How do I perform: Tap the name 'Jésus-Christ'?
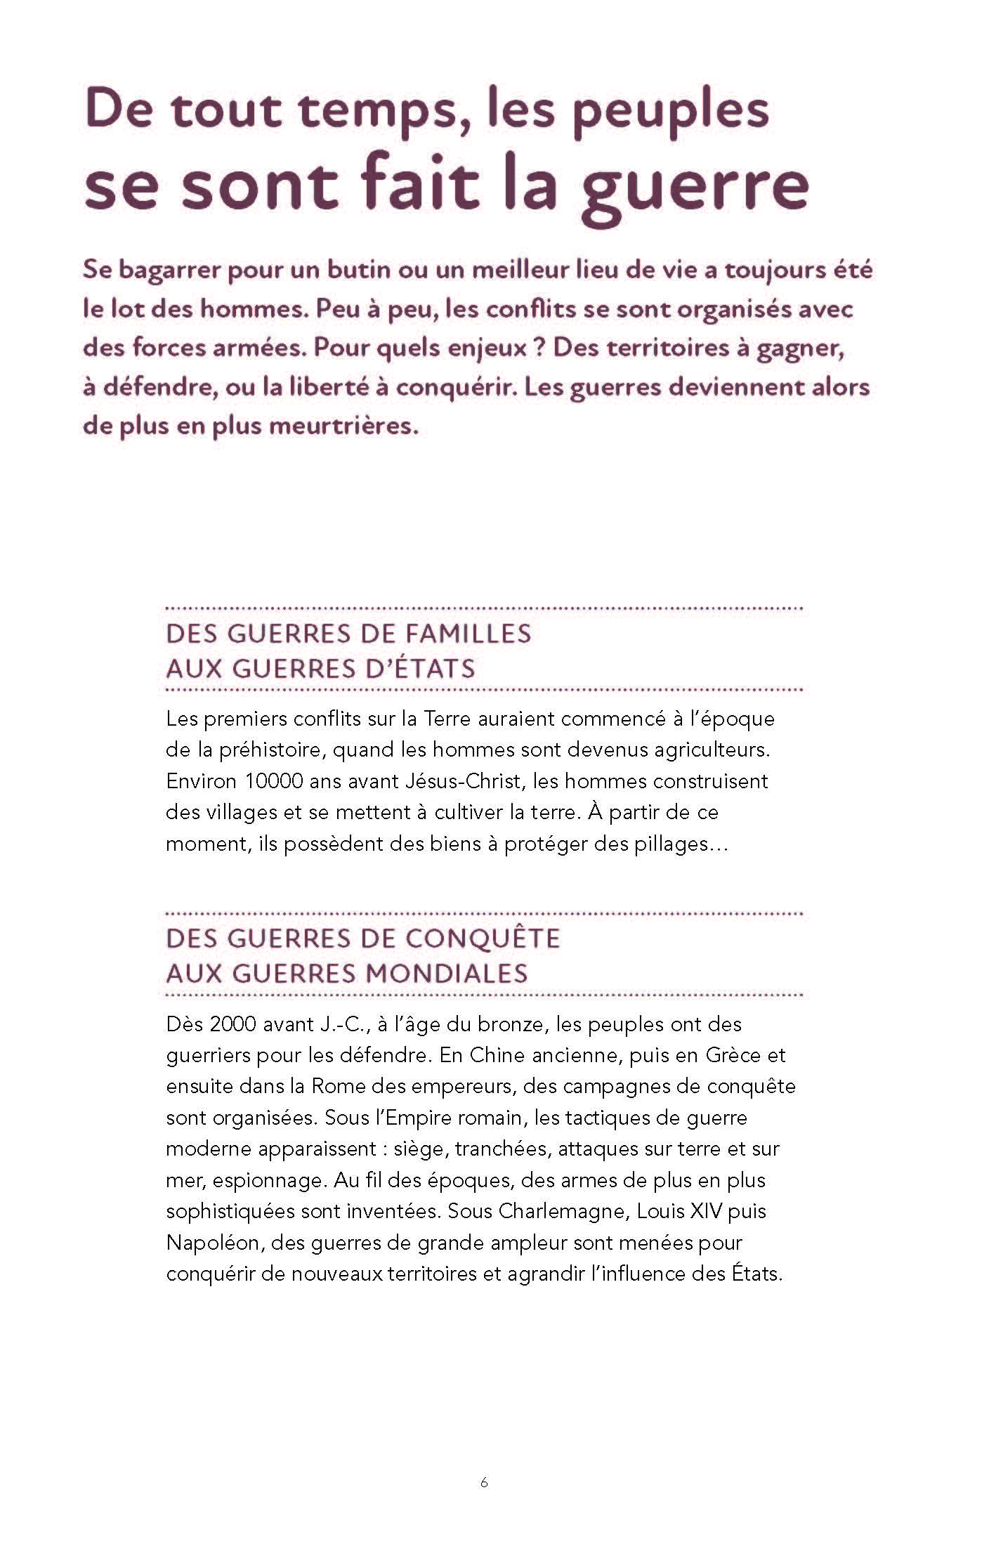point(456,781)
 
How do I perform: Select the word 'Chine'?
point(497,1055)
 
